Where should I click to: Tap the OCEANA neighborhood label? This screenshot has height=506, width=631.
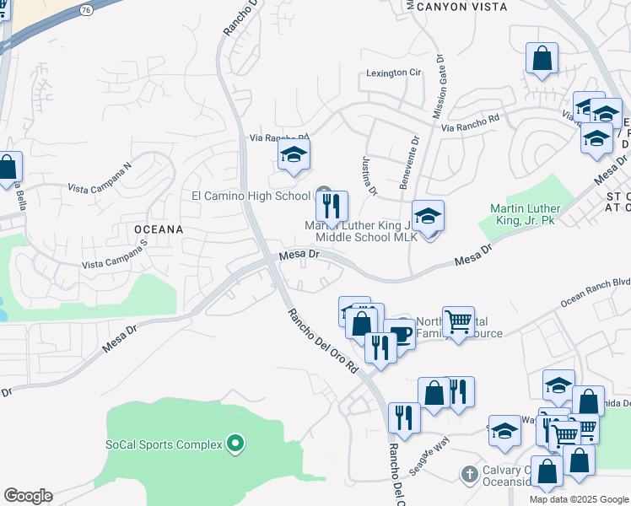coord(157,229)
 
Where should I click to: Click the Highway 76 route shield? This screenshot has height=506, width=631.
coord(87,10)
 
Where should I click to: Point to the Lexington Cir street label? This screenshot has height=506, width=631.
coord(393,73)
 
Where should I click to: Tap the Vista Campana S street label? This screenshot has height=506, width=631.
coord(115,254)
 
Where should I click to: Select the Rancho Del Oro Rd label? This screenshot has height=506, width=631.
coord(323,341)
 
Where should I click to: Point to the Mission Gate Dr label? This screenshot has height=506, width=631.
coord(439,85)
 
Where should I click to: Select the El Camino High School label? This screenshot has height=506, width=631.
coord(251,196)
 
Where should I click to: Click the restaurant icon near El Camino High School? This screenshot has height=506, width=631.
coord(332,205)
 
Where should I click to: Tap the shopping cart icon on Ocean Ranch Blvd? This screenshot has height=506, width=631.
coord(458,321)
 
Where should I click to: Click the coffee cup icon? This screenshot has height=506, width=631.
coord(400,334)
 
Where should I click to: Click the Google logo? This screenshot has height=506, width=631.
coord(29,496)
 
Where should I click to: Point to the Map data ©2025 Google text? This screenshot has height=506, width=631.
coord(579,499)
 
